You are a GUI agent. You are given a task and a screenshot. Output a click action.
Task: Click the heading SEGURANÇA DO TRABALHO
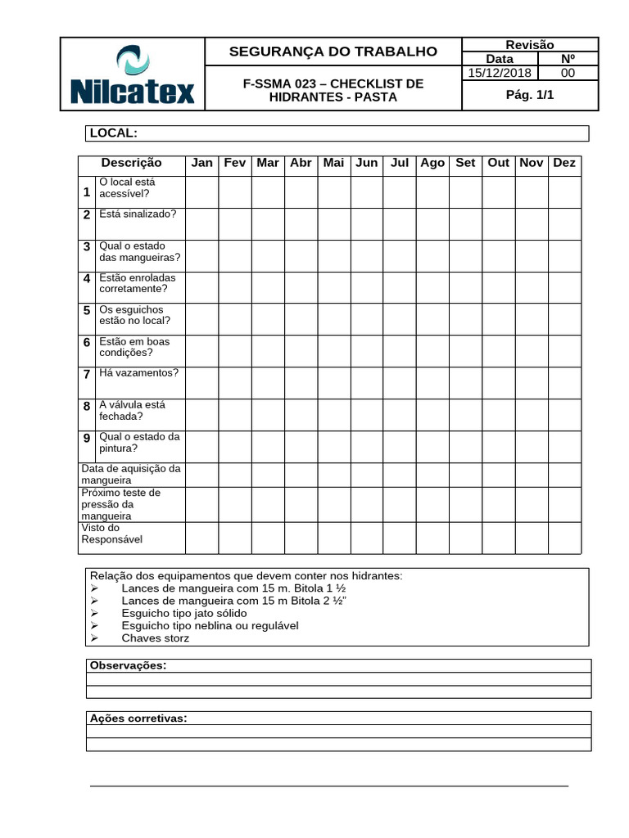pyautogui.click(x=333, y=52)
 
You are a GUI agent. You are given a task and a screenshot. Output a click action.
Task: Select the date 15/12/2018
pyautogui.click(x=499, y=73)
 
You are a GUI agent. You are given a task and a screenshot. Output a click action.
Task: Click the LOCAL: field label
pyautogui.click(x=113, y=133)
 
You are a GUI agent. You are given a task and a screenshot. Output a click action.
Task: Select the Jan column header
pyautogui.click(x=201, y=163)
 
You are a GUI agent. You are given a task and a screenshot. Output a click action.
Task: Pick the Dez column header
pyautogui.click(x=564, y=163)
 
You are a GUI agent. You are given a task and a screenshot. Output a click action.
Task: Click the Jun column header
pyautogui.click(x=367, y=163)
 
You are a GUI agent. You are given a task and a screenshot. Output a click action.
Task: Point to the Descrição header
pyautogui.click(x=131, y=163)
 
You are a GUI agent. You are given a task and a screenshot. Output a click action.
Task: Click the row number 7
pyautogui.click(x=87, y=374)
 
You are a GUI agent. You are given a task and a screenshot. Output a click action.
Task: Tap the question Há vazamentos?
pyautogui.click(x=138, y=372)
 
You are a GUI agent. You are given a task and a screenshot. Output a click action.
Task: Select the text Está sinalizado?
pyautogui.click(x=137, y=214)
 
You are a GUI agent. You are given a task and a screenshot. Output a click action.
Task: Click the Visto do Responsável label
pyautogui.click(x=112, y=534)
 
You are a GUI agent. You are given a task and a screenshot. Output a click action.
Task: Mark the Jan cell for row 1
pyautogui.click(x=201, y=191)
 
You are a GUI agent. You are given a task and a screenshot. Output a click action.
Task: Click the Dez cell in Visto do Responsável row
pyautogui.click(x=564, y=538)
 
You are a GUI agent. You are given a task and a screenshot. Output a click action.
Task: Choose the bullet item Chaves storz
pyautogui.click(x=155, y=638)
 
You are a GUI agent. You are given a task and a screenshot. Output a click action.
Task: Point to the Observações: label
pyautogui.click(x=127, y=665)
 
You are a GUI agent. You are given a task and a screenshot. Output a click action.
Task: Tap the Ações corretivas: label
pyautogui.click(x=138, y=719)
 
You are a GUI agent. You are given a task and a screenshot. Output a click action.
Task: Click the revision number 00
pyautogui.click(x=567, y=73)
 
